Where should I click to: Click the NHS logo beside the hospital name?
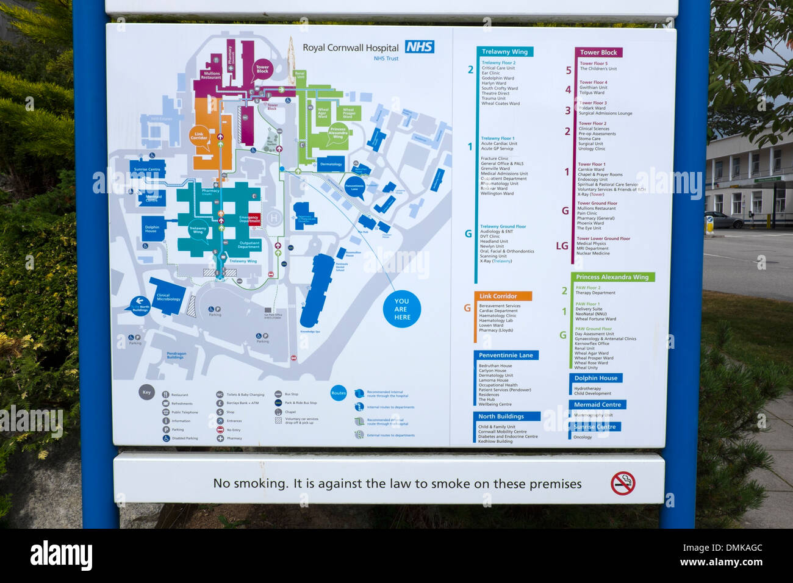click(x=420, y=47)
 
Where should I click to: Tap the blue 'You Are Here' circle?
click(x=401, y=309)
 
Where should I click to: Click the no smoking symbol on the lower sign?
click(x=622, y=483)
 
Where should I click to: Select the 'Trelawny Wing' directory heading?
click(x=504, y=52)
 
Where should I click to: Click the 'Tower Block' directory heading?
click(x=598, y=52)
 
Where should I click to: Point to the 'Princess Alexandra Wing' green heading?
click(x=612, y=277)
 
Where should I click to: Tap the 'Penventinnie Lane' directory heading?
click(x=506, y=355)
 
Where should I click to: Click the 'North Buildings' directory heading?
click(x=501, y=417)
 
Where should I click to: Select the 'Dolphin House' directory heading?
click(x=595, y=378)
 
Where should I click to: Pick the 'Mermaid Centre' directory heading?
click(x=597, y=404)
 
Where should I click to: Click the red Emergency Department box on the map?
click(x=249, y=219)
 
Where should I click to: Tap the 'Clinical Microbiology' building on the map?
click(x=168, y=297)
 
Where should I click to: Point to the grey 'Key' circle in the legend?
click(x=146, y=392)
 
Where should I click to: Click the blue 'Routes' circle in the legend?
click(x=339, y=393)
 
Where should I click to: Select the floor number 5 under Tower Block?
click(x=569, y=70)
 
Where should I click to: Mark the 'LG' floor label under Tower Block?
click(x=562, y=246)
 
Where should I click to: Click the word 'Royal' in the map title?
click(x=314, y=48)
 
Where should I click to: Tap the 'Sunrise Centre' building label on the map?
click(x=148, y=169)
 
